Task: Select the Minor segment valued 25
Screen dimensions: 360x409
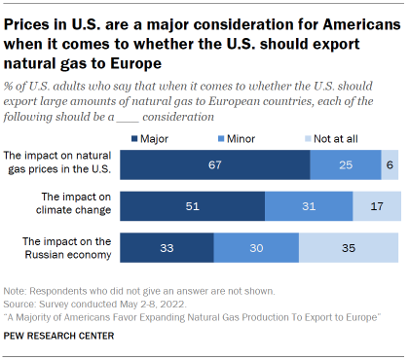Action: click(x=345, y=166)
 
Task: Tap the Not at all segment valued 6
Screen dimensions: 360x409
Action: click(x=390, y=166)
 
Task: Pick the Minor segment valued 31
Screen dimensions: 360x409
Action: click(x=309, y=207)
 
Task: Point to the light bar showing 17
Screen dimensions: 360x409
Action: click(x=376, y=207)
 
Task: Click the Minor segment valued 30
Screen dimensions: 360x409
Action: click(x=255, y=248)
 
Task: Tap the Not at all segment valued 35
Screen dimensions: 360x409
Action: click(x=348, y=248)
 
